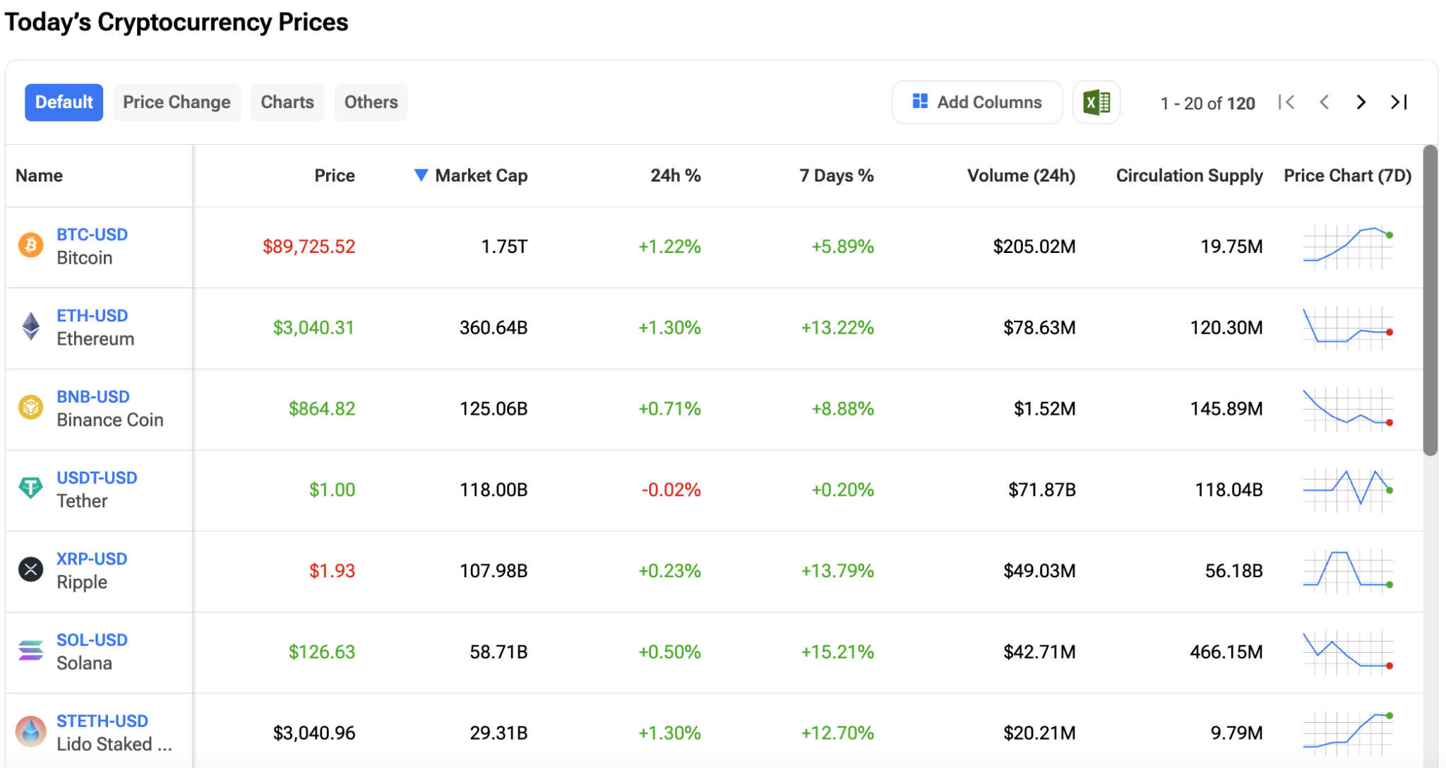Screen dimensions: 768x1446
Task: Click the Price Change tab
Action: (177, 102)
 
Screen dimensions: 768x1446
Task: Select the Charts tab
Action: (287, 102)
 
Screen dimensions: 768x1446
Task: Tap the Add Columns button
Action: (977, 102)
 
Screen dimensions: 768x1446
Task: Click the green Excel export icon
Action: (1097, 102)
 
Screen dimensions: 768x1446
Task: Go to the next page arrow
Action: (1361, 102)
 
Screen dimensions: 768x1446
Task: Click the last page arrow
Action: (1399, 102)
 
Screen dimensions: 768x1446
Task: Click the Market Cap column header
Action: (481, 176)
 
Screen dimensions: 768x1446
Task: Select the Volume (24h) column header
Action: (1021, 176)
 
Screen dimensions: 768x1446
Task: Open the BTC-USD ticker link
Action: (92, 235)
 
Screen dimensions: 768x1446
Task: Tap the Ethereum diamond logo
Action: (31, 326)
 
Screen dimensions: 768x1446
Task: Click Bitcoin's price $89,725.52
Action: (309, 247)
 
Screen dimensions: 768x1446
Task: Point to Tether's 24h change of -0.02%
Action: (671, 490)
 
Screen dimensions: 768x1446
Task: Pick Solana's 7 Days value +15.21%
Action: (837, 651)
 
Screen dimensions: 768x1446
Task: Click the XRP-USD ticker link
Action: (92, 559)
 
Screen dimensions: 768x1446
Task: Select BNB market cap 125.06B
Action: (494, 408)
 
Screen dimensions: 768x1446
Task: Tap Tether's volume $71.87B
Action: (1041, 490)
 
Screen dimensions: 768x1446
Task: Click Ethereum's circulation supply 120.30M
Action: (1226, 328)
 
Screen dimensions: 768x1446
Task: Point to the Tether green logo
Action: (30, 488)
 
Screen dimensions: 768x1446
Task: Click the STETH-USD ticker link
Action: (102, 721)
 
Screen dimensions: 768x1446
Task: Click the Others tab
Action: (371, 102)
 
